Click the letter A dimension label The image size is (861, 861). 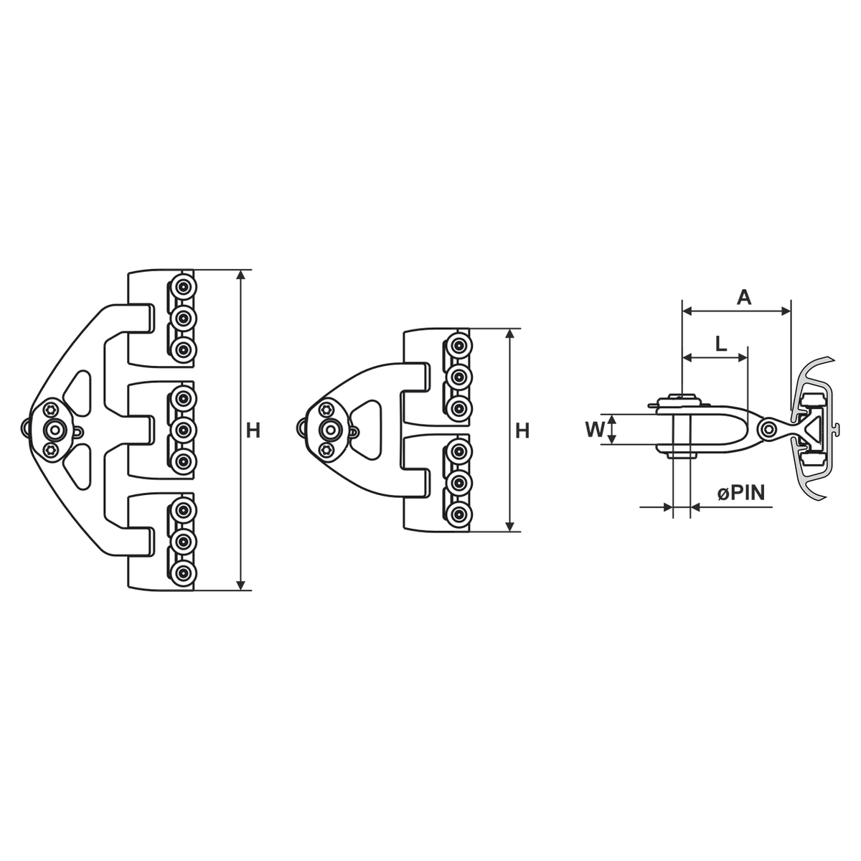[x=743, y=297]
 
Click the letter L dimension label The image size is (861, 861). [x=721, y=344]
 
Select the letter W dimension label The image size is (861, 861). [x=595, y=430]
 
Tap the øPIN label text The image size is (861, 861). [x=741, y=493]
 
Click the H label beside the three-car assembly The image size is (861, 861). [x=253, y=431]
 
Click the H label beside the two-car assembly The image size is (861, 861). [x=522, y=431]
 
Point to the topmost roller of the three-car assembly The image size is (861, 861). [x=182, y=286]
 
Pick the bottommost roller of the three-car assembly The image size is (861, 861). [x=182, y=573]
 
